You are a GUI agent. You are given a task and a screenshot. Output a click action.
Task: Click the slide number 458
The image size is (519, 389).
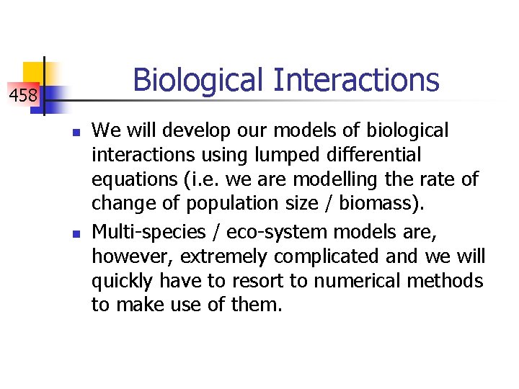pyautogui.click(x=23, y=94)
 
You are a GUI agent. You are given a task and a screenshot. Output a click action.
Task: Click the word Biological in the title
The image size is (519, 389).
pyautogui.click(x=198, y=80)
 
